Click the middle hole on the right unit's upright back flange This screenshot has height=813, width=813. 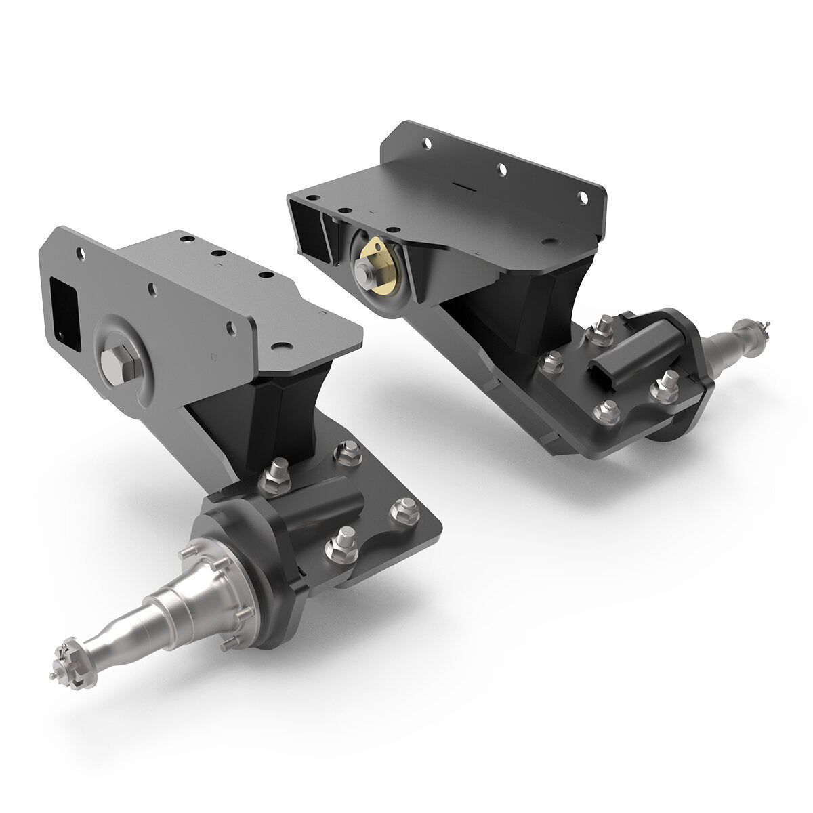(x=501, y=169)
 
